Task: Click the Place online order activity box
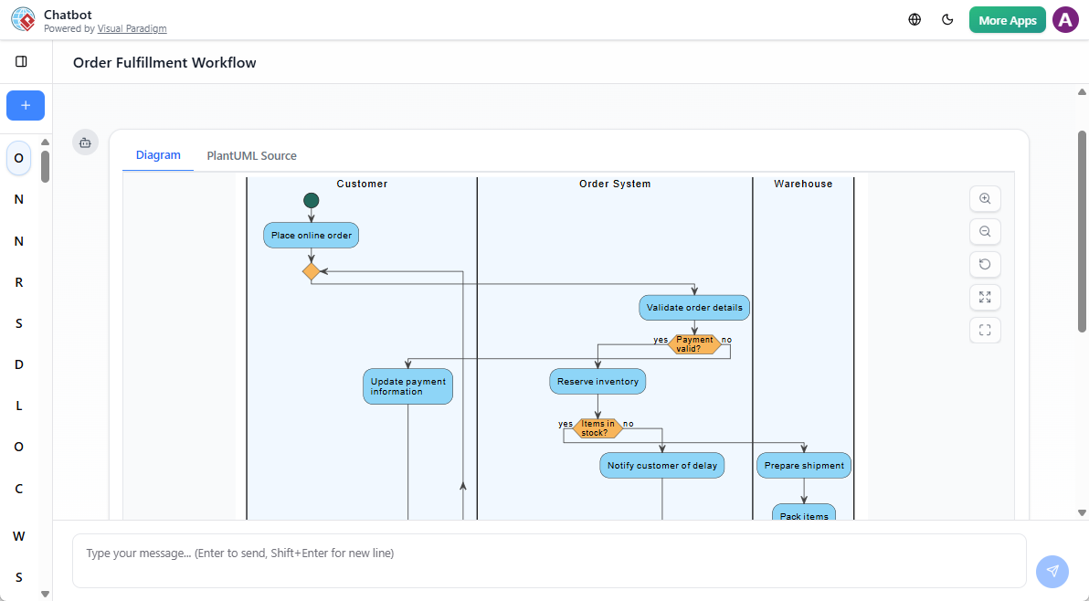coord(312,236)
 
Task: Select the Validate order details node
coord(694,308)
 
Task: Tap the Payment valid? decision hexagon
coord(694,344)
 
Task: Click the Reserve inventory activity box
coord(597,382)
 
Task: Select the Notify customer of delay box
coord(662,466)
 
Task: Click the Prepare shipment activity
coord(804,466)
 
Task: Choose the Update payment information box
coord(407,386)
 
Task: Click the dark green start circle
coord(312,200)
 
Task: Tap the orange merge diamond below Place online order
coord(312,271)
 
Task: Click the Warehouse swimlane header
coord(803,184)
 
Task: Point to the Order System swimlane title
coord(615,184)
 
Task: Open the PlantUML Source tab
coord(251,155)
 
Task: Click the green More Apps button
coord(1007,20)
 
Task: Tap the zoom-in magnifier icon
coord(985,198)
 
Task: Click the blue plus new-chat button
coord(26,106)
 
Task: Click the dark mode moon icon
coord(947,19)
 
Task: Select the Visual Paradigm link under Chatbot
coord(132,29)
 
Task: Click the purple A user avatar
coord(1065,20)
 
